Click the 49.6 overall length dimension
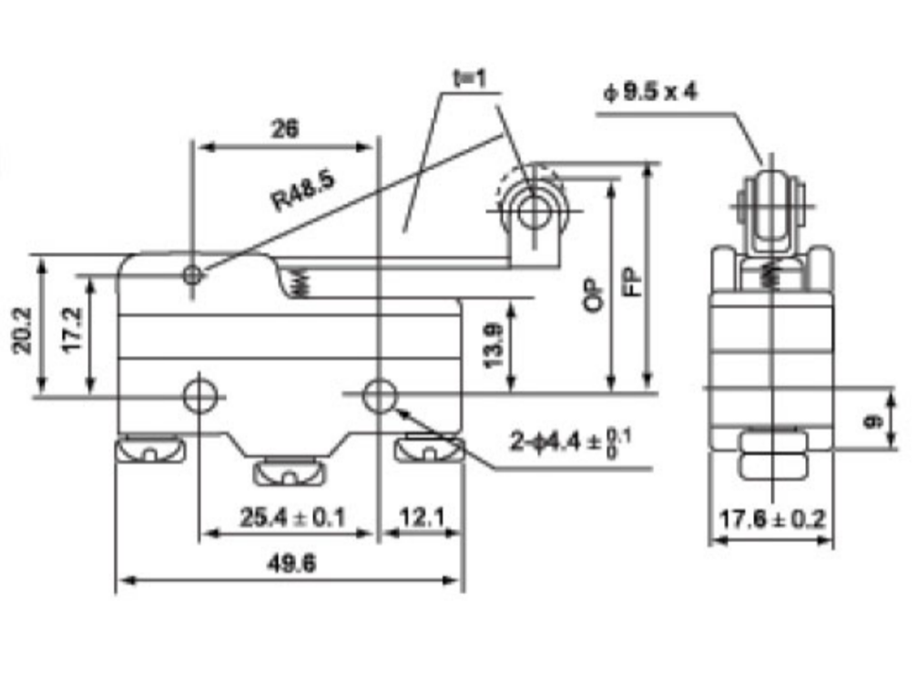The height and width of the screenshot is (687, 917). click(291, 564)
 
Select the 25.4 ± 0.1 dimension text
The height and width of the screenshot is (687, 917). click(292, 518)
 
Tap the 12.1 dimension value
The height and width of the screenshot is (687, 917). click(423, 517)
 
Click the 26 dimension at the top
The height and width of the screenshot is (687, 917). click(285, 129)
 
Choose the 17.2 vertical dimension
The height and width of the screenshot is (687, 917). click(73, 330)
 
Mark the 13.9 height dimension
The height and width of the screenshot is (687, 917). click(493, 346)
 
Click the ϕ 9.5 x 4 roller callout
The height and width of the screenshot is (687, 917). click(650, 92)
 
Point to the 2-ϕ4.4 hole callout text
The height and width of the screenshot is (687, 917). click(570, 441)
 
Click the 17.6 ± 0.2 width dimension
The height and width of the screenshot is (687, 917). click(771, 519)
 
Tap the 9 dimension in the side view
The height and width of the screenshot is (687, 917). click(873, 420)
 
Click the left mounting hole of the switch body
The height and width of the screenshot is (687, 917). click(200, 397)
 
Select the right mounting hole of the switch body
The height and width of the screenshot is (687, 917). click(380, 396)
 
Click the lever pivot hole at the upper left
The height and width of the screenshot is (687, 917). click(192, 275)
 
